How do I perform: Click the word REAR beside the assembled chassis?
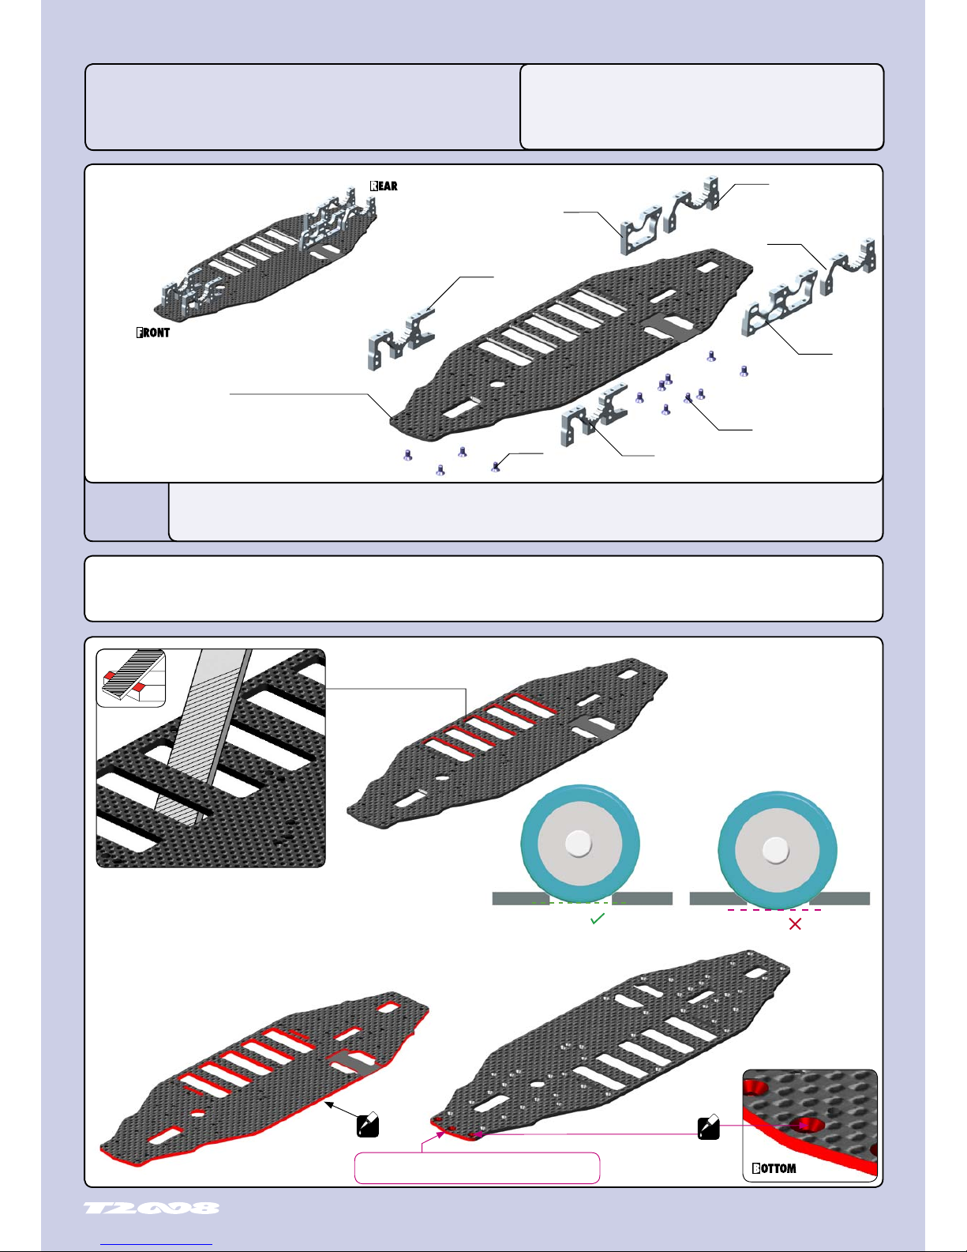(x=384, y=186)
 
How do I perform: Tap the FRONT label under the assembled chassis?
(x=153, y=333)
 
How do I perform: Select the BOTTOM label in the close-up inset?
(x=774, y=1168)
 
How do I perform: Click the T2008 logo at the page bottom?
(x=152, y=1209)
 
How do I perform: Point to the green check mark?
(x=598, y=919)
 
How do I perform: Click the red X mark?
(x=795, y=924)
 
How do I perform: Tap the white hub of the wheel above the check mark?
(x=579, y=843)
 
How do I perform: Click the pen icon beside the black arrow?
(x=368, y=1124)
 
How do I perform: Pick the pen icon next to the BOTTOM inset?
(x=709, y=1126)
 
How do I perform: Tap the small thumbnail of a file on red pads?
(x=131, y=678)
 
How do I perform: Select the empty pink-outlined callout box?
(x=477, y=1168)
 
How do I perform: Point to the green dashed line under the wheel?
(x=579, y=903)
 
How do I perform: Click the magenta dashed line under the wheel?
(x=774, y=910)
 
